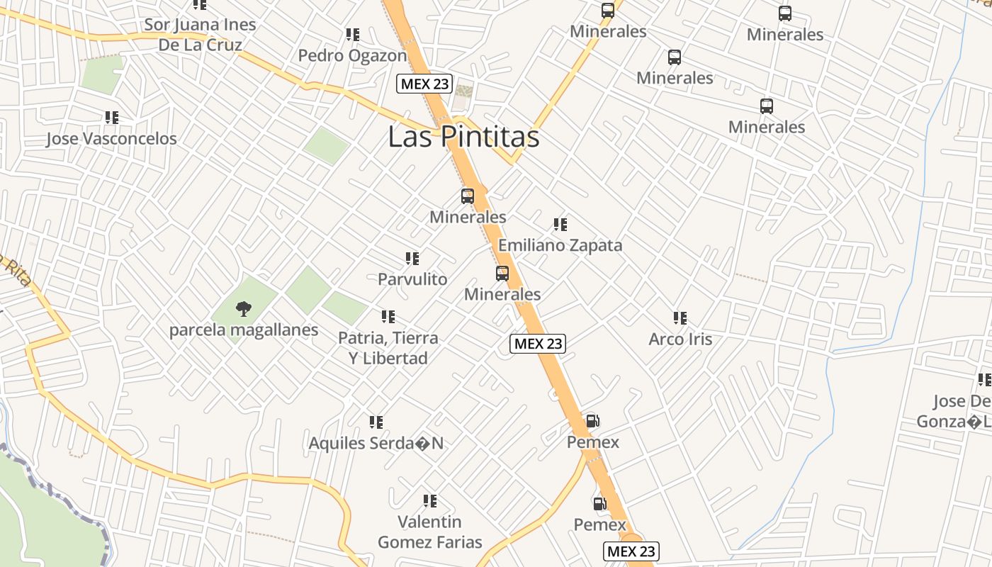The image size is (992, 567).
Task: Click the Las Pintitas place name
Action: point(463,137)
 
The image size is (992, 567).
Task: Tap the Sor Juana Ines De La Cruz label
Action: point(200,35)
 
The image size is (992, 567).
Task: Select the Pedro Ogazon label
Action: point(352,55)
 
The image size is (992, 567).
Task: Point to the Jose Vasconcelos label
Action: point(111,138)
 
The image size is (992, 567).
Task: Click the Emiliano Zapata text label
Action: point(560,245)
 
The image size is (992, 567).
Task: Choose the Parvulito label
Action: point(412,279)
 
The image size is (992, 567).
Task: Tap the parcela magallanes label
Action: point(243,330)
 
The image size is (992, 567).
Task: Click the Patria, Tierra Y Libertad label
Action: point(388,348)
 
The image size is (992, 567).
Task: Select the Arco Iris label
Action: point(680,339)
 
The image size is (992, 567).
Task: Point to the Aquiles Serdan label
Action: point(376,443)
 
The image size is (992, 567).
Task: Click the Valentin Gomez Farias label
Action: point(429,532)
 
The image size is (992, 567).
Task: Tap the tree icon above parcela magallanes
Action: point(243,308)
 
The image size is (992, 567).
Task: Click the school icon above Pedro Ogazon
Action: point(352,34)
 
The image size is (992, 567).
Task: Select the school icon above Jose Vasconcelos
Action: point(111,117)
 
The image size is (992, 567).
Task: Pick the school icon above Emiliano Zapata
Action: point(560,225)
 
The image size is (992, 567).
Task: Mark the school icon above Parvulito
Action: point(412,259)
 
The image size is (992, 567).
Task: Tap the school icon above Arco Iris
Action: point(680,318)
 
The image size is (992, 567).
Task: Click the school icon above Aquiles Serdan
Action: point(376,422)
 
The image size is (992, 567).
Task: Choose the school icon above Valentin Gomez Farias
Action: point(429,501)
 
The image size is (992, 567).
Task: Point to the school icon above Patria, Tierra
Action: point(388,317)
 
